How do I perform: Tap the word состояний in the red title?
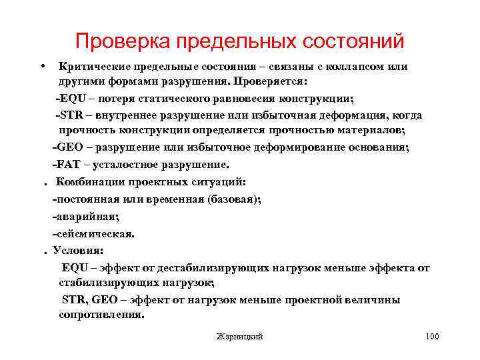pos(354,41)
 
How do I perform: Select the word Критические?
pos(93,67)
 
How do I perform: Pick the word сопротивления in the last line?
pos(101,314)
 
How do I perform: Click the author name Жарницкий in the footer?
pos(240,337)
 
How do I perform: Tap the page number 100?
pos(431,337)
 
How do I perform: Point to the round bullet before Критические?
pos(42,67)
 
